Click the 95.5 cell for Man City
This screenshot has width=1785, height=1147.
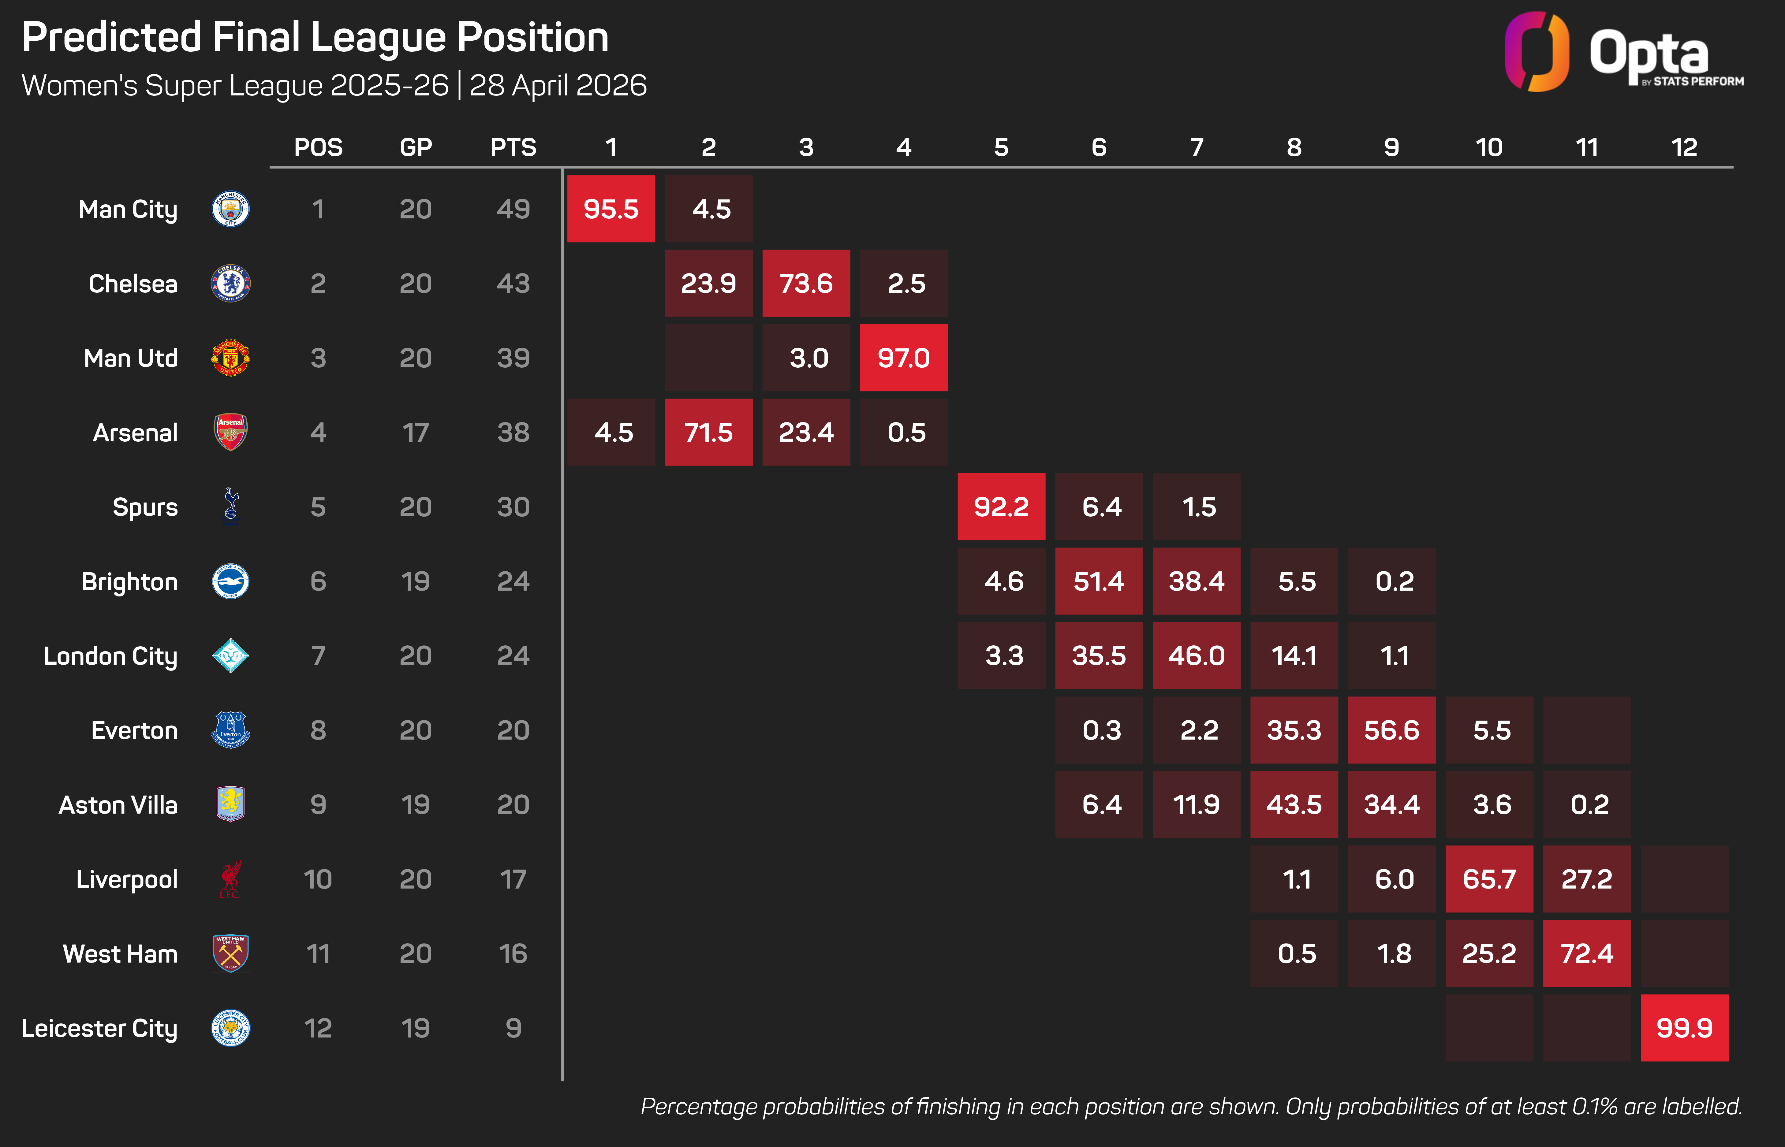click(x=611, y=209)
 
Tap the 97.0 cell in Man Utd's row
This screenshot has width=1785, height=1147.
click(x=904, y=358)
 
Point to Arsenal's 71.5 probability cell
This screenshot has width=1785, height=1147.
click(x=708, y=433)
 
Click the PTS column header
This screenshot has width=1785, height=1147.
click(x=513, y=147)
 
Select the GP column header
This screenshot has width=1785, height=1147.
click(x=416, y=147)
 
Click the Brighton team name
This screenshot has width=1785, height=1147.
click(x=130, y=582)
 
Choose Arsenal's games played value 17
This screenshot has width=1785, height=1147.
click(x=416, y=433)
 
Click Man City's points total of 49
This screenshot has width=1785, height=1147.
click(x=513, y=209)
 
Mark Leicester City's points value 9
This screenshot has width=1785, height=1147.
click(x=513, y=1029)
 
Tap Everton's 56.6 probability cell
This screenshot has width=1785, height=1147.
click(x=1392, y=731)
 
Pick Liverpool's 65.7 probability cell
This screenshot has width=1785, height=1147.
click(x=1489, y=880)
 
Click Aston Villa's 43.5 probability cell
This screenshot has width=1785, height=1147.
click(x=1294, y=805)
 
